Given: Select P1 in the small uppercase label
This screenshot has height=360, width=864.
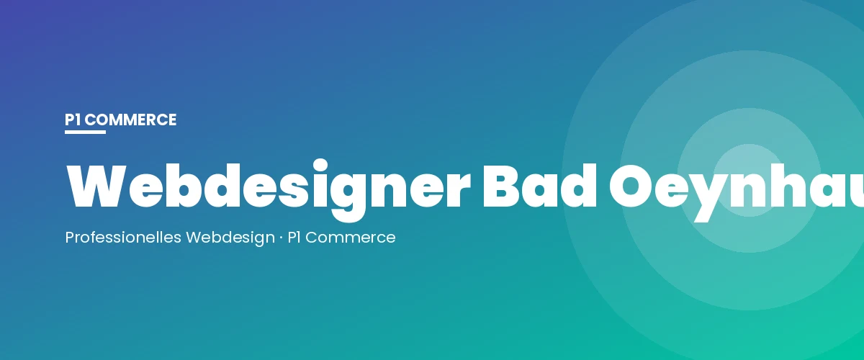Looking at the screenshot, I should (x=72, y=120).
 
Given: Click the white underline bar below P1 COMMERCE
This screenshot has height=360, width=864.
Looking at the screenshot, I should (x=85, y=132).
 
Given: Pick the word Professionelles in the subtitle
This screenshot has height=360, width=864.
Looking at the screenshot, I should (x=123, y=237).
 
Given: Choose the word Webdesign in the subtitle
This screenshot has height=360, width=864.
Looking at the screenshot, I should (x=230, y=237).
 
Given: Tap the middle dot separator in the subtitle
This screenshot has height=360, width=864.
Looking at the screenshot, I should (x=282, y=237).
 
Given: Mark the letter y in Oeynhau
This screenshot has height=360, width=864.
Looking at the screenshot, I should (x=717, y=194).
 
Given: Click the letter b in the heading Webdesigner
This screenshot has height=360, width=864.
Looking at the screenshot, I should (x=184, y=186).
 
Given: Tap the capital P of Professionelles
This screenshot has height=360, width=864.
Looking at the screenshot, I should (x=70, y=237).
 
